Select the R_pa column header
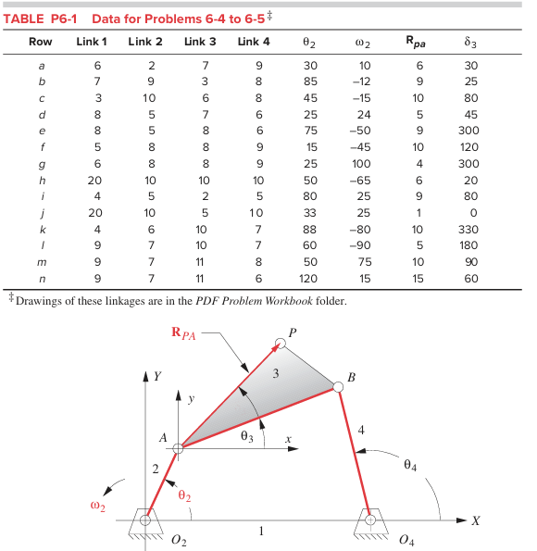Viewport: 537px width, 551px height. point(418,42)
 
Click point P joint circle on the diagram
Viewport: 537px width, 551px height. point(281,344)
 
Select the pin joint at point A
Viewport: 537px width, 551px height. point(179,449)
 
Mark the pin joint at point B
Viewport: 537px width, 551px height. point(338,387)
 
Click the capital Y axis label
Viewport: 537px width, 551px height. point(159,377)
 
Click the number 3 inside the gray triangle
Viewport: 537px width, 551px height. point(275,375)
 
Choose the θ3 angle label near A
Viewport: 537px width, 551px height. point(245,436)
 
